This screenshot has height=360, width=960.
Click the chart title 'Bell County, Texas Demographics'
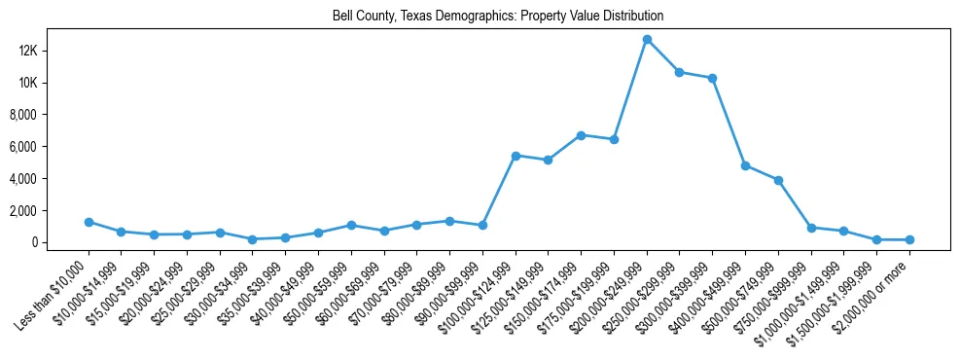[498, 17]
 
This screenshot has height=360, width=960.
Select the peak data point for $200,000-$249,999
[647, 40]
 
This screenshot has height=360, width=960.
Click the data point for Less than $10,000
[89, 222]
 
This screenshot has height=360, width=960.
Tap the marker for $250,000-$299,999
[680, 72]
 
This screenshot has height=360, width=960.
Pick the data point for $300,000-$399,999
[712, 78]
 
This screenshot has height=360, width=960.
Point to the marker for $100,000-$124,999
[516, 156]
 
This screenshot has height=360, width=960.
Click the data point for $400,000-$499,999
[745, 165]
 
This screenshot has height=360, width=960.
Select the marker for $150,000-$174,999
[581, 135]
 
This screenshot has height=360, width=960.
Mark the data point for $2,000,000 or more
[909, 239]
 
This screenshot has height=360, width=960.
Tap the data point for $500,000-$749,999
[778, 180]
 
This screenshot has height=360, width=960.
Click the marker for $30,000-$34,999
[253, 239]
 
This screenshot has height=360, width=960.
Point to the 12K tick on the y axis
[52, 51]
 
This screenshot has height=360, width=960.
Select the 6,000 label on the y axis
[49, 147]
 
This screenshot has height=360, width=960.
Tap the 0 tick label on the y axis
[59, 242]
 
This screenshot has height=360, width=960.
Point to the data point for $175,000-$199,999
[614, 139]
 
